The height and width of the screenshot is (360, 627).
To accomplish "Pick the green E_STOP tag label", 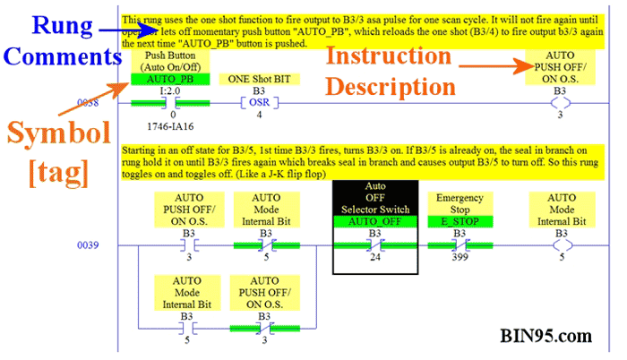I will (x=460, y=220).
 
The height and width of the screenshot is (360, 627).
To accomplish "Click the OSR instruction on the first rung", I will (x=259, y=102).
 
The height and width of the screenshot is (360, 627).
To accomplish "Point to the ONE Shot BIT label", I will (x=259, y=79).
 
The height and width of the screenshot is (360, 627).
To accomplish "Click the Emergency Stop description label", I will (x=460, y=202).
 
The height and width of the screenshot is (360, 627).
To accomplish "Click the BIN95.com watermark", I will (x=545, y=338).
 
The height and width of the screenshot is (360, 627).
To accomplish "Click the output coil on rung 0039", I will (x=561, y=244).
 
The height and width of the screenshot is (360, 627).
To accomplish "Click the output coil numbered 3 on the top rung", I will (x=561, y=102).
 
